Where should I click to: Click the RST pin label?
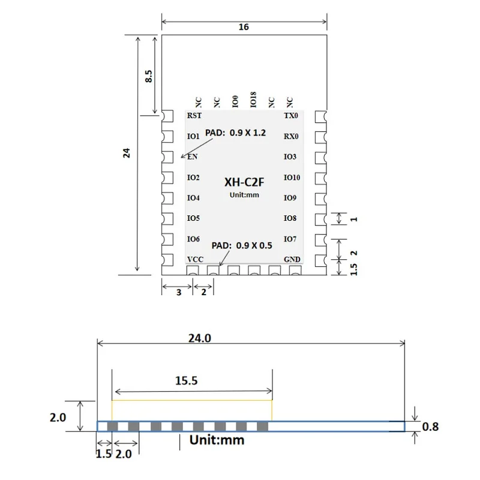(194, 115)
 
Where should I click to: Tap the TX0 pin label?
(291, 115)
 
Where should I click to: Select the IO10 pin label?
(292, 177)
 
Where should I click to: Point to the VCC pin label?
(195, 259)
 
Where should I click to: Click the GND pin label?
(292, 259)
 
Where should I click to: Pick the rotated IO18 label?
(253, 100)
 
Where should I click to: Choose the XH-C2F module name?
(244, 182)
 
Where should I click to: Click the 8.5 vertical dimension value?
(148, 76)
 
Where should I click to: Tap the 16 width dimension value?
(244, 27)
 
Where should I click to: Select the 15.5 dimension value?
(187, 380)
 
